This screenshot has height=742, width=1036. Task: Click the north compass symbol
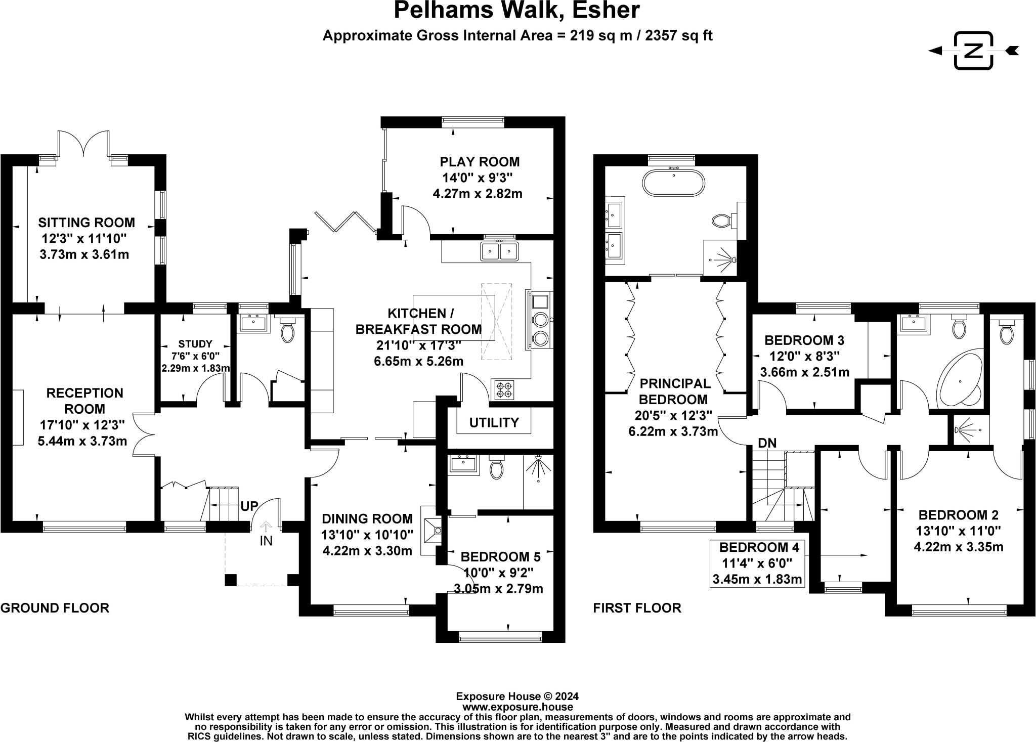point(973,51)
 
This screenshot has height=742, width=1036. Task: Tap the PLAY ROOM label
point(480,162)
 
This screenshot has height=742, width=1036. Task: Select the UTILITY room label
point(494,422)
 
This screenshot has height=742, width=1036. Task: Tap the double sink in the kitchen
point(500,251)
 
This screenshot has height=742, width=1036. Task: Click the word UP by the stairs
point(249,506)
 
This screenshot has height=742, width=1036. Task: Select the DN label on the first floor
point(767,443)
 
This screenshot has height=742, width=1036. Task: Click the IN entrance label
point(266,541)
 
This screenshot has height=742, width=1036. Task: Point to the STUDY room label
point(195,344)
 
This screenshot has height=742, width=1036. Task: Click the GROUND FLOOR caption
point(55,608)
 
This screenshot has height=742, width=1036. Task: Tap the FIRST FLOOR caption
point(637,608)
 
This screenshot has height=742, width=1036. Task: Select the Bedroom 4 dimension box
point(757,563)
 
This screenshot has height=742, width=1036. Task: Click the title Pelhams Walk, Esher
point(517,10)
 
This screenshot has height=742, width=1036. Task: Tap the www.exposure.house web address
point(517,707)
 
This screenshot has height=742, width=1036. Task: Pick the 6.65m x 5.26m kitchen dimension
point(418,361)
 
